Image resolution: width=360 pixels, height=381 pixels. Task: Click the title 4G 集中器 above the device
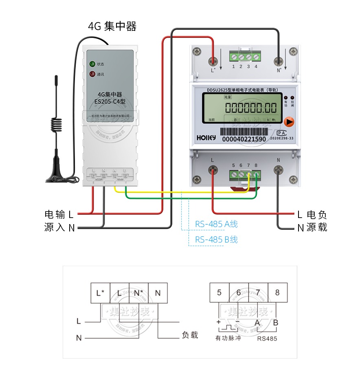tap(112, 26)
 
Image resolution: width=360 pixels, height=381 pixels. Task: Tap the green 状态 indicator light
tap(92, 64)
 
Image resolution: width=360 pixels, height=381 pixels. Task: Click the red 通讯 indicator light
tap(92, 74)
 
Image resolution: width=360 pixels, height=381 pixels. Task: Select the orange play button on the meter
tap(289, 122)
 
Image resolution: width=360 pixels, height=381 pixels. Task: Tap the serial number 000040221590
tap(244, 139)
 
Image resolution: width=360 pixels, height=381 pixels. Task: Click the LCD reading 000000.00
tap(251, 108)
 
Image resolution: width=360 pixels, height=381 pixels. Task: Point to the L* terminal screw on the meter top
tap(213, 62)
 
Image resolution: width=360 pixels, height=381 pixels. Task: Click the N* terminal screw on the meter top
tap(279, 62)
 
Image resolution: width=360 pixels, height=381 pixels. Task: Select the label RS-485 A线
tap(216, 224)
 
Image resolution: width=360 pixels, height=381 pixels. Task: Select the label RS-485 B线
tap(216, 240)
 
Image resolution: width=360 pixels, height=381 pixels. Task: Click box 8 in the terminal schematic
tap(277, 292)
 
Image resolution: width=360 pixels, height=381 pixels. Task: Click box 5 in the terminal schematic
tap(219, 292)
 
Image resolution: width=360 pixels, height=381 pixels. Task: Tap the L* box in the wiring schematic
tap(100, 293)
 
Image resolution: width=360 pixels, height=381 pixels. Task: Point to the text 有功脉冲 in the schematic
tap(228, 338)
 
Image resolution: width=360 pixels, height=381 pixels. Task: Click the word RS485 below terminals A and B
tap(267, 338)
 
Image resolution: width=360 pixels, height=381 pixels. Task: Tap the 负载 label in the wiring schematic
tap(190, 335)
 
